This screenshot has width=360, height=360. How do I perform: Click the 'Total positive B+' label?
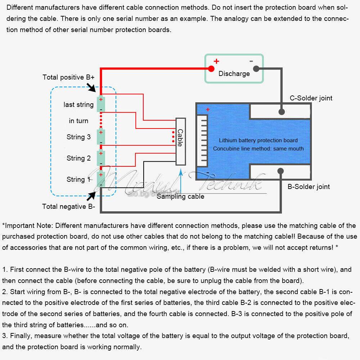[68, 77]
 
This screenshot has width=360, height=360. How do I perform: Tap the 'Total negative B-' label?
[68, 206]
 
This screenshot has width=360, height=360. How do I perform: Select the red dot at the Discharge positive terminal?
[211, 68]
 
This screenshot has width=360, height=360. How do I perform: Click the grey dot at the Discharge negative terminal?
[256, 68]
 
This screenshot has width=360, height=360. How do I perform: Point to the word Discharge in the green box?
[234, 74]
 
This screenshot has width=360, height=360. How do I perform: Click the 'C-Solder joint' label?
[311, 98]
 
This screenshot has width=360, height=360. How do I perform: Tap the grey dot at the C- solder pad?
[282, 112]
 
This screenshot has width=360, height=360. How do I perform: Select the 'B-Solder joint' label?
[309, 186]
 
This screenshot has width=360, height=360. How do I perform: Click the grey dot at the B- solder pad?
[280, 171]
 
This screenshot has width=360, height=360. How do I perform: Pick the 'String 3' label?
[78, 137]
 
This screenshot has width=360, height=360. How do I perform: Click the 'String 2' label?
[78, 158]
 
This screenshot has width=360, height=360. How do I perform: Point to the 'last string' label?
[78, 104]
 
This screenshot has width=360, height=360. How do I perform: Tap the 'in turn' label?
[78, 121]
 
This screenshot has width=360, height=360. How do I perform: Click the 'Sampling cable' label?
[180, 197]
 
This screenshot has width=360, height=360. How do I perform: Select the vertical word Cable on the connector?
[180, 138]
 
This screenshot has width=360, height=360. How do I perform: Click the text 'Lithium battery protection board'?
[258, 140]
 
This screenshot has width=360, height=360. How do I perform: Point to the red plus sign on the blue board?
[208, 109]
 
